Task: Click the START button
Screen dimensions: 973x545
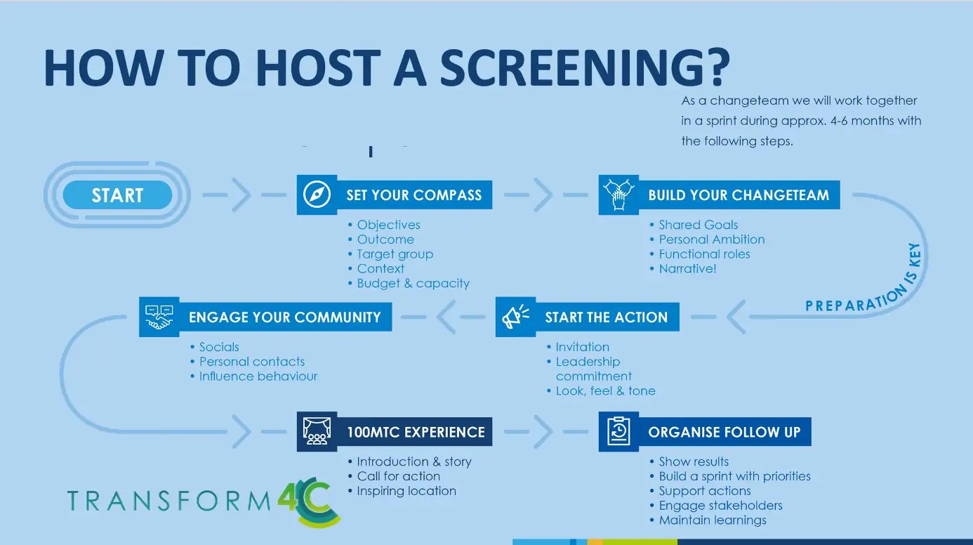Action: [117, 195]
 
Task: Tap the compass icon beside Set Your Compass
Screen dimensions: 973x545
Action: [317, 195]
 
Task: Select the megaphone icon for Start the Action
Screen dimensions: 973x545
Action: [515, 317]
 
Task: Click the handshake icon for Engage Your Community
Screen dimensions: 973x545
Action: [159, 317]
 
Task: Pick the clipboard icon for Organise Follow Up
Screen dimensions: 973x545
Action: [618, 431]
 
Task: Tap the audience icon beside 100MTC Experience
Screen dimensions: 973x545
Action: [317, 431]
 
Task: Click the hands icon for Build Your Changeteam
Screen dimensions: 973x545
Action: [618, 195]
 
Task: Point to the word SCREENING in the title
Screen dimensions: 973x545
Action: [585, 68]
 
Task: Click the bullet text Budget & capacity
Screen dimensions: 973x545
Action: [413, 283]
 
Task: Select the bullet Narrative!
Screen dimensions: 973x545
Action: [687, 268]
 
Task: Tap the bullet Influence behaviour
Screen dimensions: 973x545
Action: [258, 376]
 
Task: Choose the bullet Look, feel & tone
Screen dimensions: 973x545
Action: [606, 390]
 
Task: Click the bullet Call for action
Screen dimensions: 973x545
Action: [398, 476]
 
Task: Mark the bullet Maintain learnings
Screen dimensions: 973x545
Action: [713, 520]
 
